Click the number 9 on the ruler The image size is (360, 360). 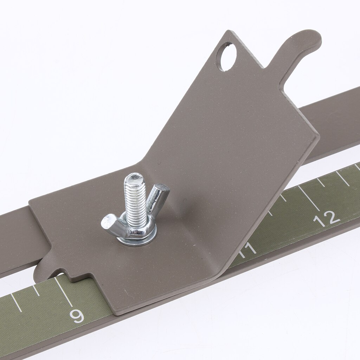77,316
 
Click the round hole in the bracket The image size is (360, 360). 226,57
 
